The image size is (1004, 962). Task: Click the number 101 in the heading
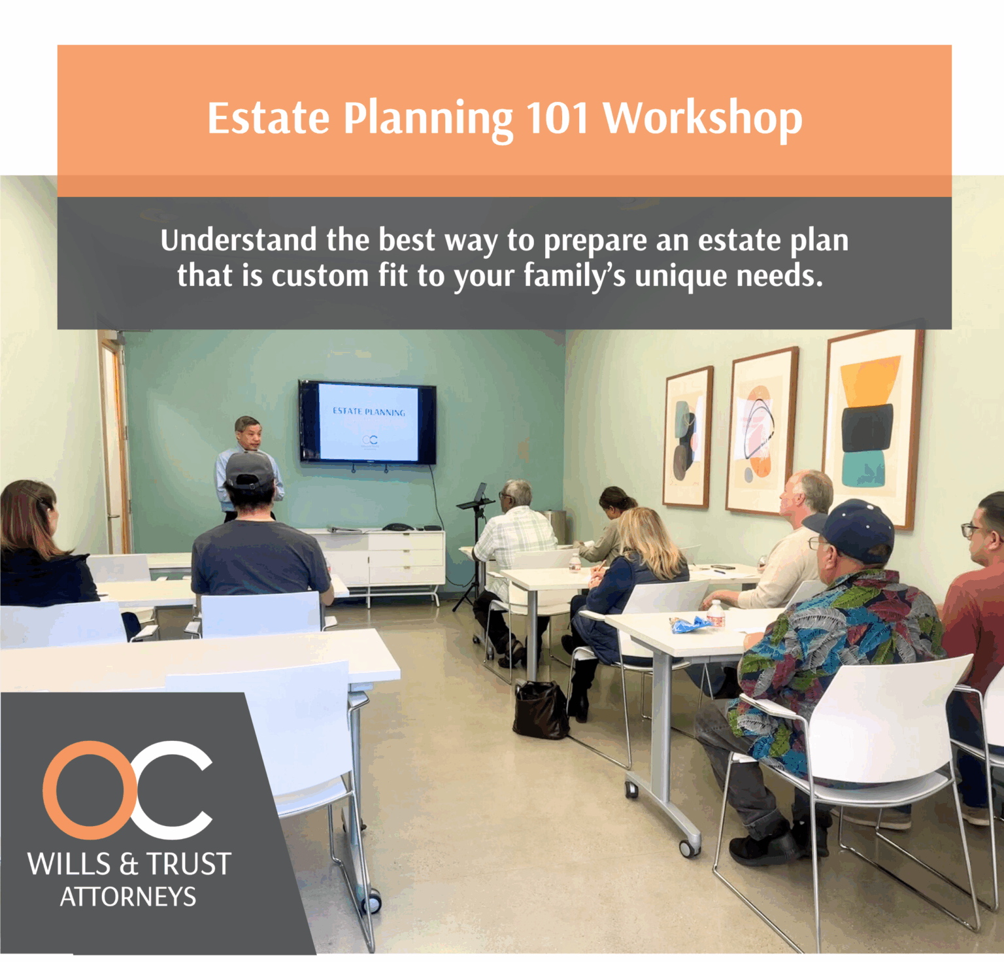558,118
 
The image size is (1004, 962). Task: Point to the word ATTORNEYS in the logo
128,897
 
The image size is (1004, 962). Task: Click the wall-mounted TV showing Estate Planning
367,422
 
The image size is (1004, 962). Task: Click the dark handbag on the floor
540,711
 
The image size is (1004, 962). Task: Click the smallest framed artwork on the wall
688,437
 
